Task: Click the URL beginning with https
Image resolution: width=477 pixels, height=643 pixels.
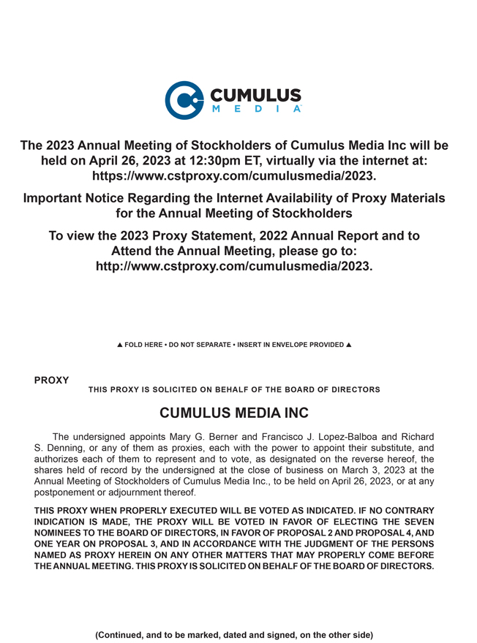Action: (233, 176)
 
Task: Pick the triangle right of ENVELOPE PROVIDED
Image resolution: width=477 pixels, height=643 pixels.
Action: (349, 345)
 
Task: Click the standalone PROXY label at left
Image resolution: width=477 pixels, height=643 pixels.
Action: (51, 380)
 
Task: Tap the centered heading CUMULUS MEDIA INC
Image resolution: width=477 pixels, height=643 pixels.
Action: (233, 413)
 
